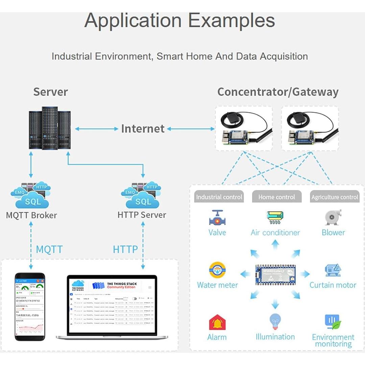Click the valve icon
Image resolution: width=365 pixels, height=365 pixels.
click(x=217, y=218)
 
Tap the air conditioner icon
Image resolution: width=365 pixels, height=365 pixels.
click(x=275, y=217)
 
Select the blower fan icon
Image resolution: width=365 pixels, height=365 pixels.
click(x=333, y=218)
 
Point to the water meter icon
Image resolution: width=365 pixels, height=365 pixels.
click(x=217, y=270)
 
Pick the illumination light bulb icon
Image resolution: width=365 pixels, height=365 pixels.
click(x=275, y=321)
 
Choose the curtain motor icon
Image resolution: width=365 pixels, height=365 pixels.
click(x=333, y=270)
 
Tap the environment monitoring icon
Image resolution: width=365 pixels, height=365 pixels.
click(x=333, y=322)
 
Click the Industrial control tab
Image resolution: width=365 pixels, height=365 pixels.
click(x=219, y=197)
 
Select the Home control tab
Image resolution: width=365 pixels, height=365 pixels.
click(x=276, y=197)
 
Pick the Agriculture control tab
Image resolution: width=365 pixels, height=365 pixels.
click(x=335, y=197)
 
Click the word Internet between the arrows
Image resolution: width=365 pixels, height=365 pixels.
click(x=143, y=129)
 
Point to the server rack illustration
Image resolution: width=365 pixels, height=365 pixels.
click(x=50, y=128)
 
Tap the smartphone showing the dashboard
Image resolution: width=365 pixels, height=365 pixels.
click(x=30, y=307)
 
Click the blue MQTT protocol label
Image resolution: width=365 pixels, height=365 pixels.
click(x=49, y=250)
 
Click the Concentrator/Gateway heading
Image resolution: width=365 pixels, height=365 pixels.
click(x=278, y=92)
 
